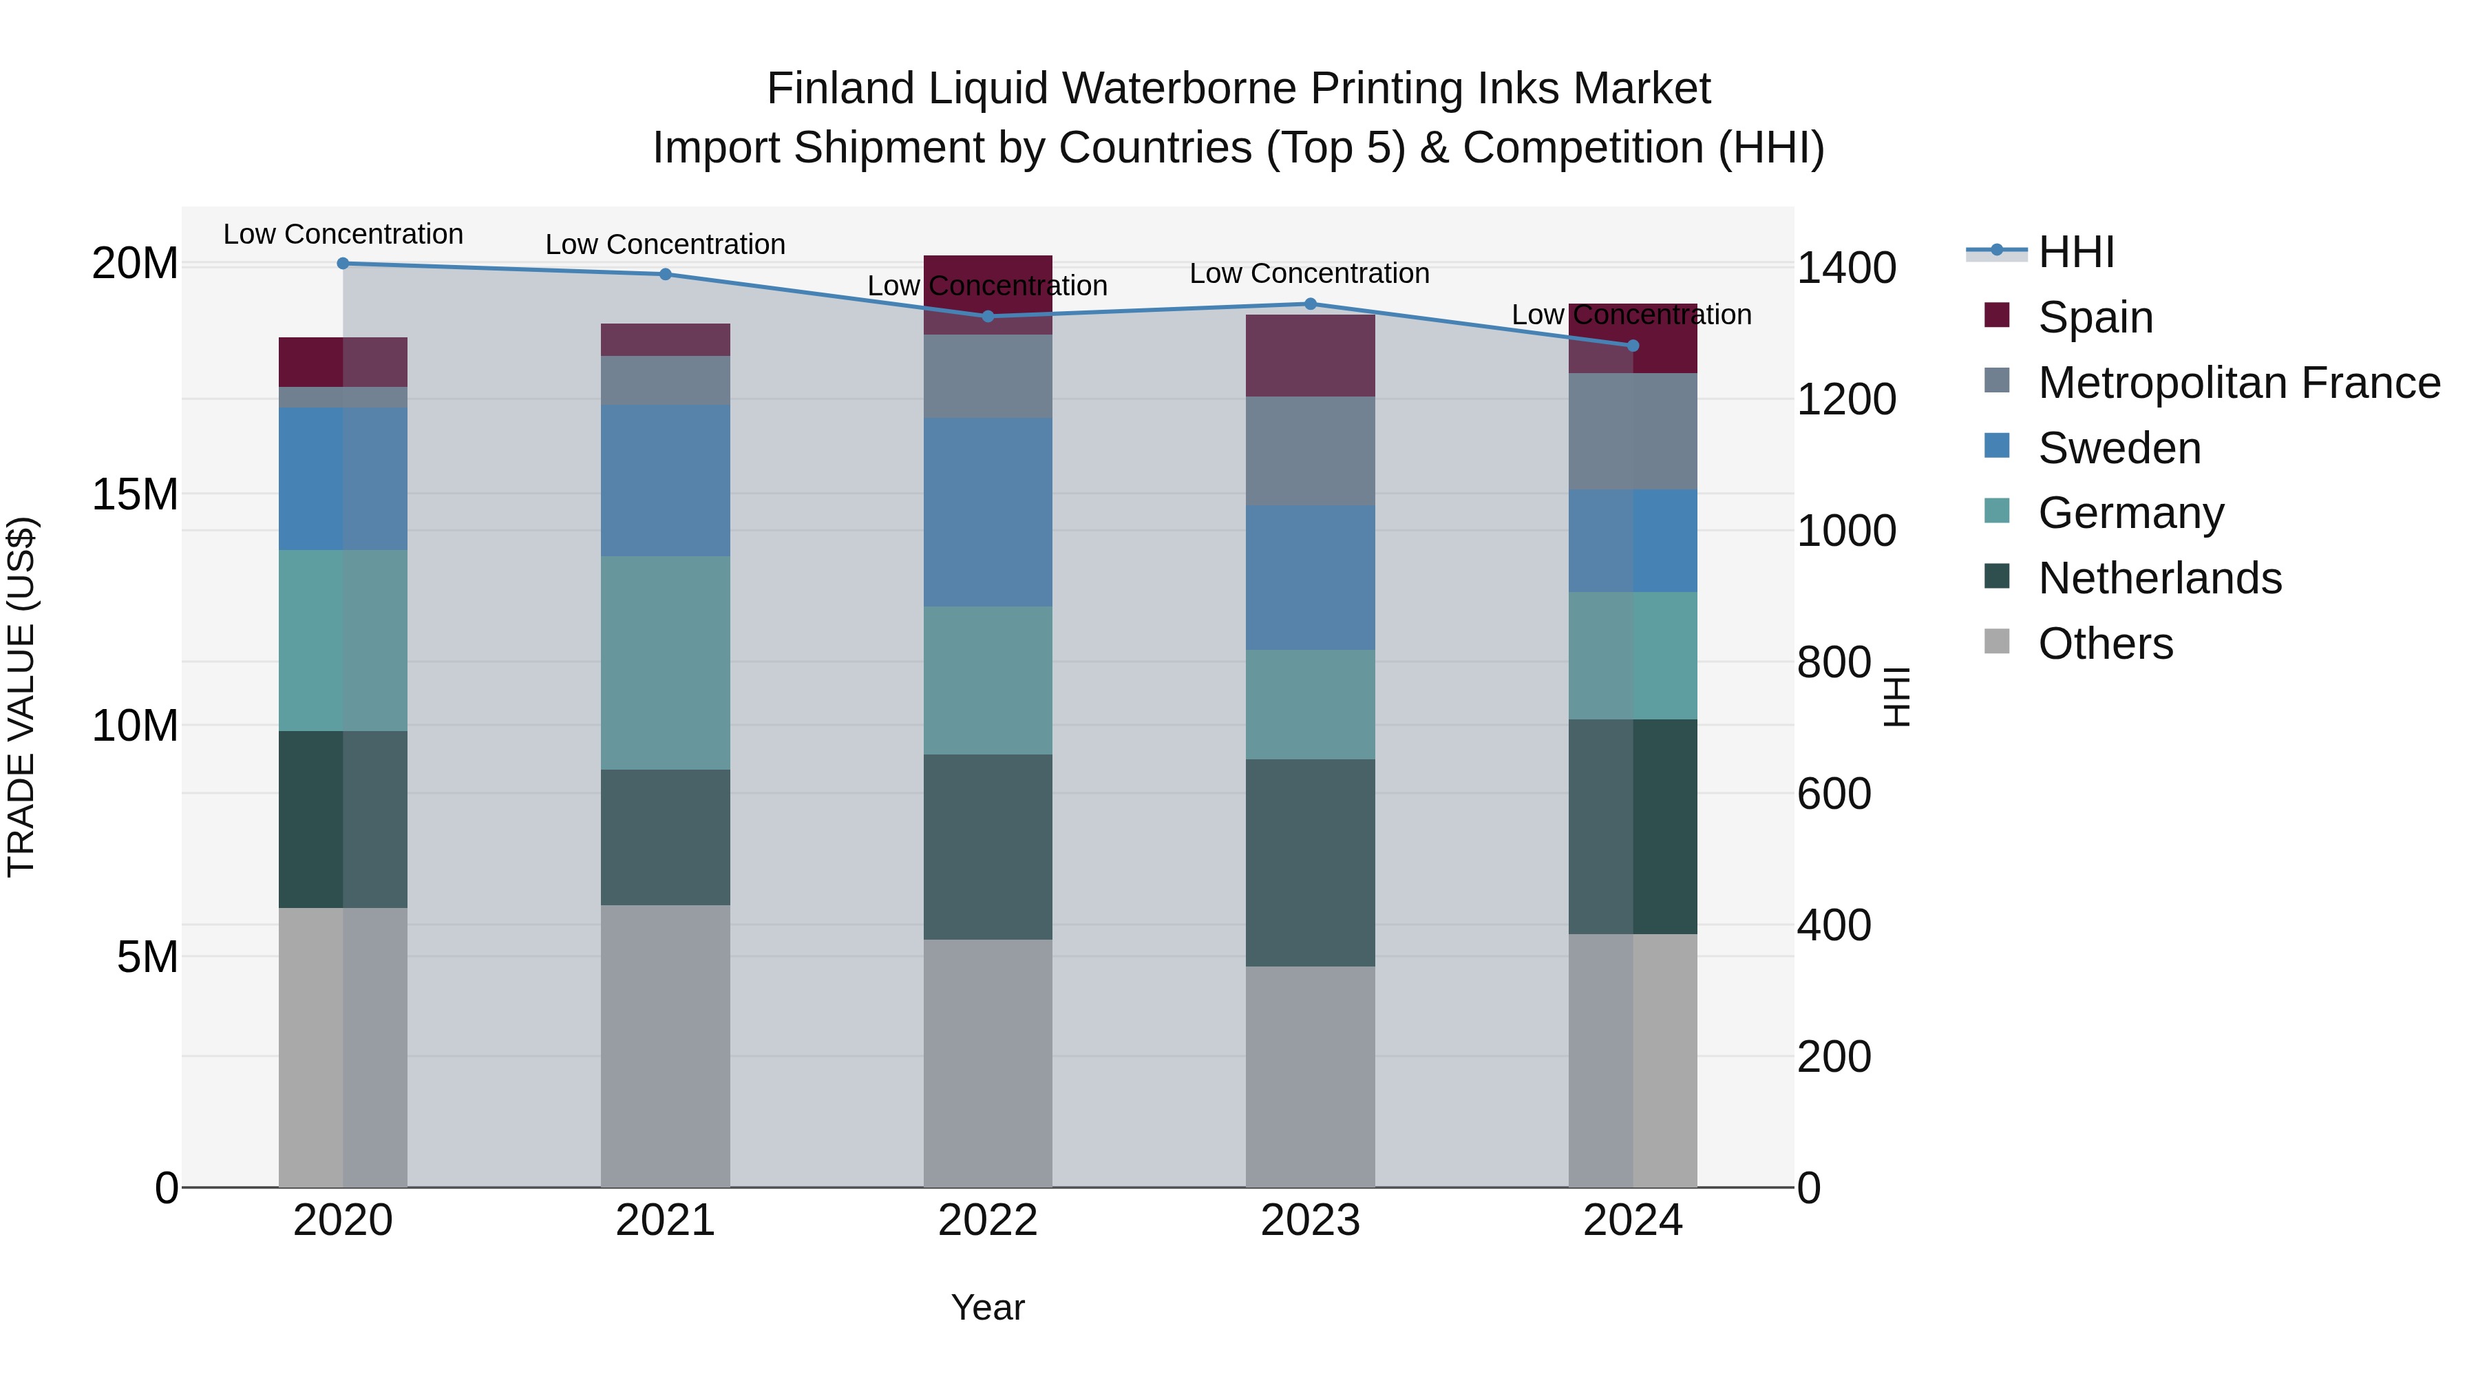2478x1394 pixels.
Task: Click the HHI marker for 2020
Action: [343, 264]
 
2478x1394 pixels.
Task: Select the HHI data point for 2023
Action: [1310, 304]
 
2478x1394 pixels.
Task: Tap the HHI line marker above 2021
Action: [666, 274]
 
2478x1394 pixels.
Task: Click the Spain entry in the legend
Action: [2095, 317]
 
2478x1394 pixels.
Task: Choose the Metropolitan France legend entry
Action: [2238, 383]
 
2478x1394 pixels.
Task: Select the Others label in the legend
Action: [2106, 644]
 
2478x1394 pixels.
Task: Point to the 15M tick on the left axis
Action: [135, 494]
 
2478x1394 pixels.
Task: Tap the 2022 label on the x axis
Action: [988, 1221]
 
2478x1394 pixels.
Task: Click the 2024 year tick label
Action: [1633, 1221]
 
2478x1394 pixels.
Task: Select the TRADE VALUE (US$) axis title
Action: [21, 697]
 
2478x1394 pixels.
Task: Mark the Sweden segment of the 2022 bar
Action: [988, 511]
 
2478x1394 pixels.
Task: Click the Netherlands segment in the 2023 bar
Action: [1310, 863]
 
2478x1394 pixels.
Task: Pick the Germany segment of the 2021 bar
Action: [666, 663]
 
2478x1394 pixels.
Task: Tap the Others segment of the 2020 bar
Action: [343, 1048]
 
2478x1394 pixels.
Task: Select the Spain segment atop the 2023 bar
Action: [1310, 356]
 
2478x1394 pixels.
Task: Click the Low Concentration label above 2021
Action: [666, 245]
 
